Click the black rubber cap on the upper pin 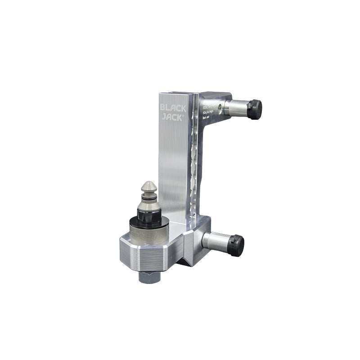coord(255,108)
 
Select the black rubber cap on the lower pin coord(237,245)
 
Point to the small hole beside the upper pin coord(219,107)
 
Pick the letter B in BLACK coord(163,108)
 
